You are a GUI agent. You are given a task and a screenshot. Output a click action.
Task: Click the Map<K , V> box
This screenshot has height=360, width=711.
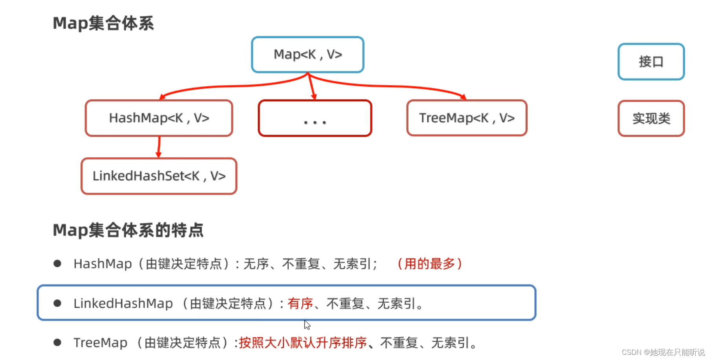[308, 55]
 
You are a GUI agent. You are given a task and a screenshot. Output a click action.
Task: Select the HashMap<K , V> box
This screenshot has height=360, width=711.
[159, 118]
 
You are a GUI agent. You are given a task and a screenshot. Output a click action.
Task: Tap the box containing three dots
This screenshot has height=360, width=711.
[315, 118]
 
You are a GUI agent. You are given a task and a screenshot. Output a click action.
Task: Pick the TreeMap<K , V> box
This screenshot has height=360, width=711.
[467, 118]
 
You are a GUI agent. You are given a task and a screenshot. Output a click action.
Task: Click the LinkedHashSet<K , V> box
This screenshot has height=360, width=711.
[159, 176]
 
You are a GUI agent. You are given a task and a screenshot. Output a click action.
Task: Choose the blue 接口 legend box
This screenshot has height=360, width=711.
[651, 62]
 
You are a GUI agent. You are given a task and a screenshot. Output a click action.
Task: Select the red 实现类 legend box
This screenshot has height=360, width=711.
[651, 119]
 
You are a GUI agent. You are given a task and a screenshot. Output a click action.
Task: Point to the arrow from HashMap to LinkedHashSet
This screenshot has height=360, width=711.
[159, 147]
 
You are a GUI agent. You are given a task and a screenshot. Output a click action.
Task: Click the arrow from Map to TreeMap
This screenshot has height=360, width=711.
[393, 86]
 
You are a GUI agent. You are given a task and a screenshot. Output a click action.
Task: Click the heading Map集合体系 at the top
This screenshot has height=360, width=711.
[103, 23]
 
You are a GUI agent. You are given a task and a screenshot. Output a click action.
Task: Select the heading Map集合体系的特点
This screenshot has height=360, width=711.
[128, 230]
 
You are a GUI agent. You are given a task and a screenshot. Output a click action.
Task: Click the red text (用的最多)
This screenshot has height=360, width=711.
[429, 264]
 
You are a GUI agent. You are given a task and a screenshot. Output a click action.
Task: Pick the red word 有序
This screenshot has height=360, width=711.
[300, 303]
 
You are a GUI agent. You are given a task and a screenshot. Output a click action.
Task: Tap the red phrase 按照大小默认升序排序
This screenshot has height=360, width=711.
[302, 343]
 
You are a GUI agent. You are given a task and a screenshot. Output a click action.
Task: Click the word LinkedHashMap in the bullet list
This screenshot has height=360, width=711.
[123, 303]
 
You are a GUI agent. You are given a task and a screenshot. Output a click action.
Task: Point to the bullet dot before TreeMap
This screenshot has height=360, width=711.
[57, 342]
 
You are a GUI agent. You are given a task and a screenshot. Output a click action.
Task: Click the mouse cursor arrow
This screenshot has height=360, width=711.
[307, 325]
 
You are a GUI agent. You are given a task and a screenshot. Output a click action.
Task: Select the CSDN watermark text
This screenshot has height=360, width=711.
[663, 352]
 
